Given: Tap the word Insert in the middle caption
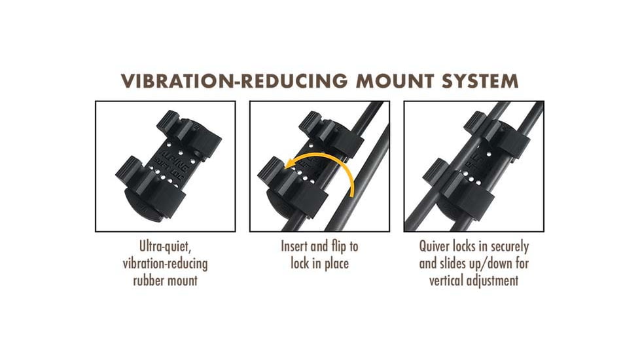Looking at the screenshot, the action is (x=293, y=246).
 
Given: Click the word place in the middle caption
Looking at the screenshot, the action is (x=336, y=264).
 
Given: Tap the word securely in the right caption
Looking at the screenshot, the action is (x=510, y=247).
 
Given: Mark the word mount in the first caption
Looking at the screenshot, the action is (x=183, y=281).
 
